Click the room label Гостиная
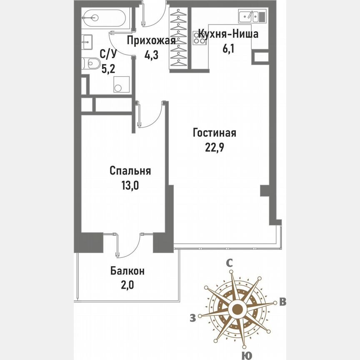(x=215, y=133)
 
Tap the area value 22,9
(x=215, y=148)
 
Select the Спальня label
(x=130, y=171)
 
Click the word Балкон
(x=127, y=271)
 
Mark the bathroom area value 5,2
(x=108, y=69)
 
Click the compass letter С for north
(x=229, y=263)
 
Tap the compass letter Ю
(x=247, y=355)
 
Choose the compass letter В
(x=282, y=302)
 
